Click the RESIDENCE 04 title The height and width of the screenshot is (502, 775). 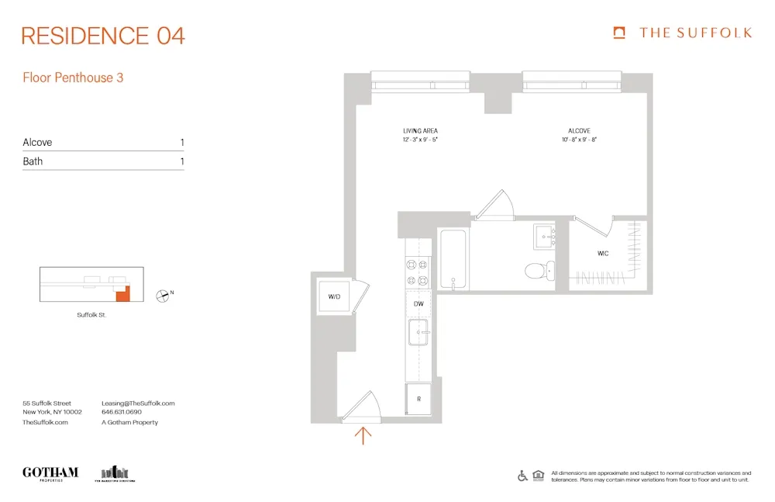103,36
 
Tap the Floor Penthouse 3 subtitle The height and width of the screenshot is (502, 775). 73,78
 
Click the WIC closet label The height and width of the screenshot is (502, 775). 603,254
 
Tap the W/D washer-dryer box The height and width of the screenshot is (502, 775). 335,296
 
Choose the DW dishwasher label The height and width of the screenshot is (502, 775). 418,304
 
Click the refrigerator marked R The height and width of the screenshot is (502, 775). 418,400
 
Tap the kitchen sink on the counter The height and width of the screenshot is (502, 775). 419,334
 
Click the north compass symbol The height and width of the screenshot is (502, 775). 163,294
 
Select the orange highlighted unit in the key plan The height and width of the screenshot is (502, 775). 122,293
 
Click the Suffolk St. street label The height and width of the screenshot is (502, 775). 92,315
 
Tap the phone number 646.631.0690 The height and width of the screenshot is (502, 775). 122,413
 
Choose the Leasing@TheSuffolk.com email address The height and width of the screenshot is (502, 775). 138,403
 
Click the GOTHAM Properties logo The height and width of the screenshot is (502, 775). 50,473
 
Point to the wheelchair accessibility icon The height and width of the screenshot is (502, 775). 523,476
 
